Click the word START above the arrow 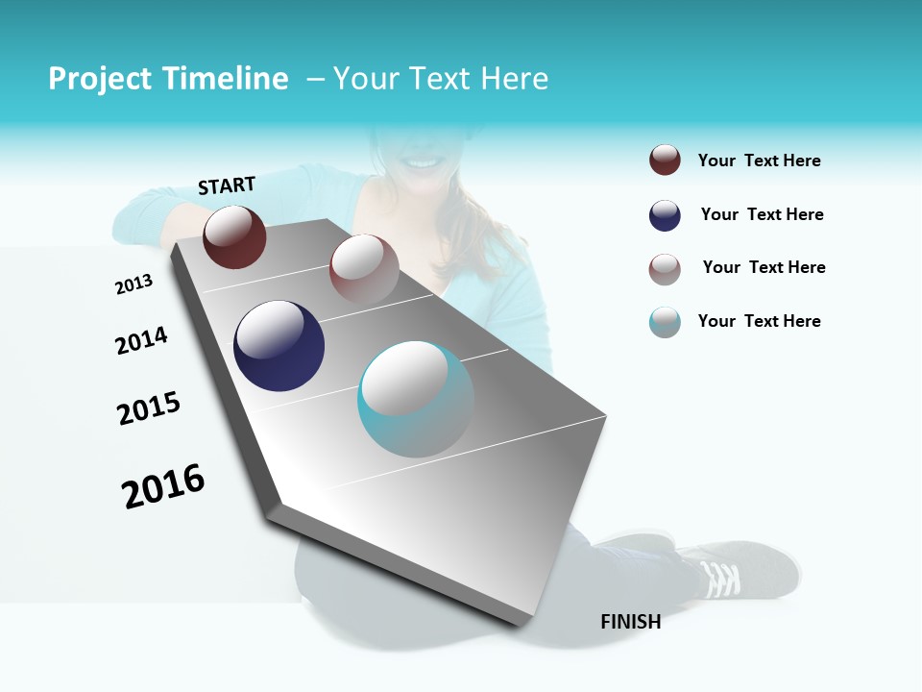tap(227, 185)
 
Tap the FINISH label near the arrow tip tap(631, 622)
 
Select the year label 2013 tap(133, 284)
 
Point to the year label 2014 tap(141, 341)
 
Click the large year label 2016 tap(163, 486)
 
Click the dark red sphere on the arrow tap(234, 236)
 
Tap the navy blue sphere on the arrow tap(279, 346)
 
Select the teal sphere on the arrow tap(416, 399)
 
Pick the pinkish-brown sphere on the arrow tap(364, 268)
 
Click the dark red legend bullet tap(665, 161)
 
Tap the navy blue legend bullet tap(665, 215)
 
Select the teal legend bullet tap(665, 322)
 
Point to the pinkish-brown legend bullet tap(665, 269)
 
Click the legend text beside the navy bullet tap(762, 214)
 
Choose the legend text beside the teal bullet tap(759, 321)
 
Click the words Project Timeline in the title tap(168, 79)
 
